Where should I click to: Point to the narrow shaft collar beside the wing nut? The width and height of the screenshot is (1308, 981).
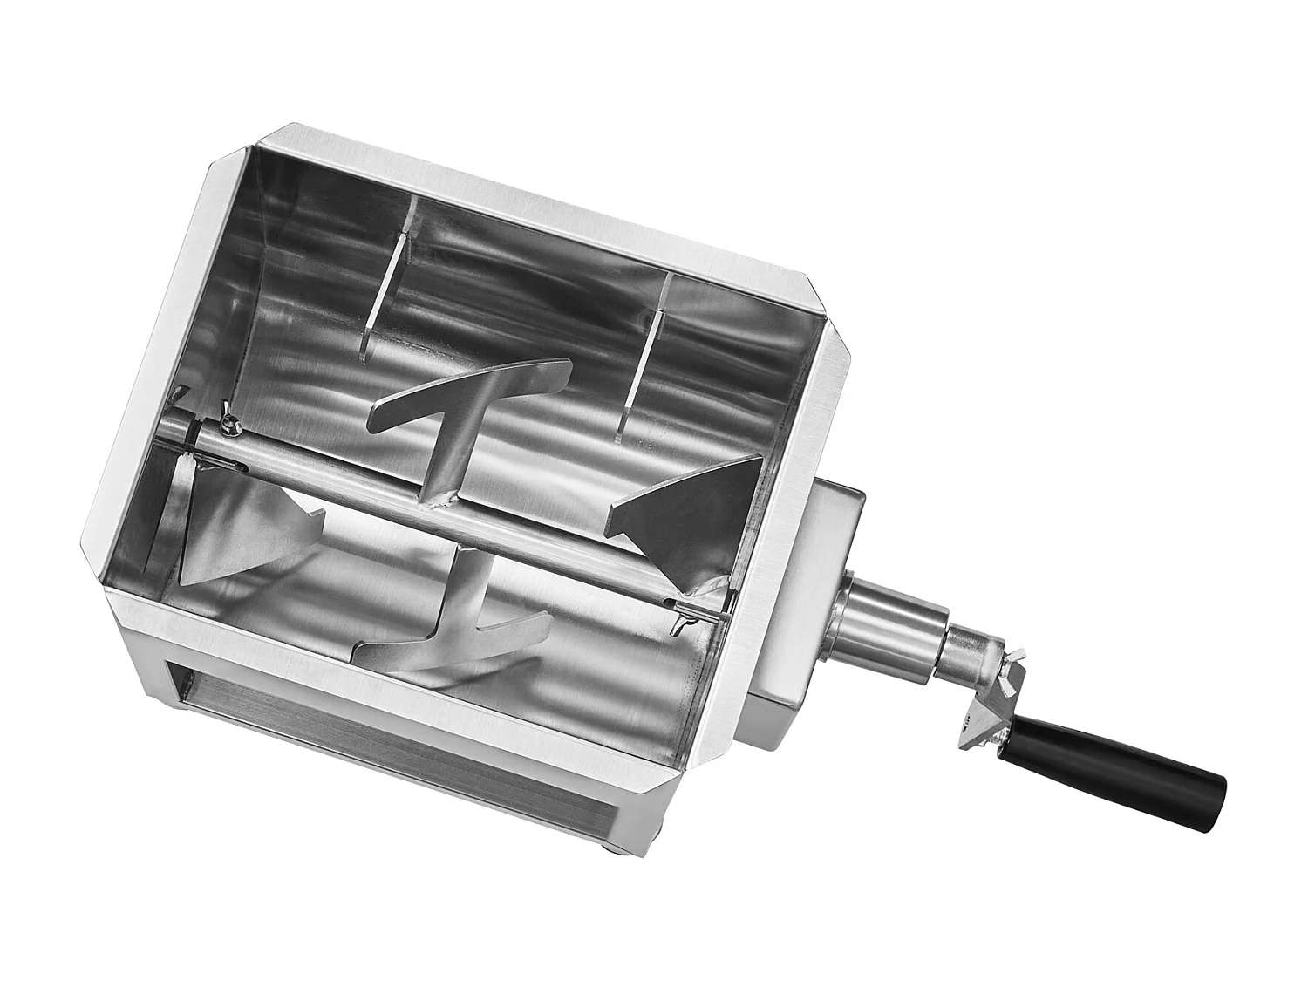pos(968,652)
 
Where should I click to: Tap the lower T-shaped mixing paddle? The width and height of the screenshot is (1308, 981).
pos(453,632)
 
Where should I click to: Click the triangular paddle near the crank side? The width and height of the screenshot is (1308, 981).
pos(689,514)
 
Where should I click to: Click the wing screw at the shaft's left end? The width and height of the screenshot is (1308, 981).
pos(228,423)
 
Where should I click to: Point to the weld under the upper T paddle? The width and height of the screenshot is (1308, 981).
pos(440,498)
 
